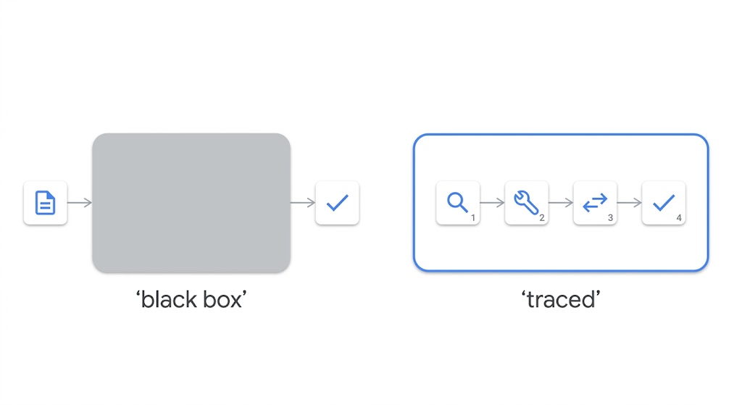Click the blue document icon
pyautogui.click(x=46, y=203)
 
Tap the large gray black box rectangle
pyautogui.click(x=191, y=203)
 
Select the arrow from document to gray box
pyautogui.click(x=80, y=203)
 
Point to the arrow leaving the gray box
pyautogui.click(x=303, y=203)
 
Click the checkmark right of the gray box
pyautogui.click(x=338, y=203)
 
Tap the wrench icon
pyautogui.click(x=526, y=202)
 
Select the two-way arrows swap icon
pyautogui.click(x=595, y=202)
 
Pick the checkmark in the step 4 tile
pyautogui.click(x=664, y=203)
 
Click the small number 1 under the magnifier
pyautogui.click(x=472, y=217)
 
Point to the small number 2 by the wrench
pyautogui.click(x=542, y=217)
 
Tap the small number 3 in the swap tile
pyautogui.click(x=610, y=217)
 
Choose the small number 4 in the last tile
pyautogui.click(x=679, y=217)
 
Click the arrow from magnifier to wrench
pyautogui.click(x=492, y=203)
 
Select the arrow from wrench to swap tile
pyautogui.click(x=561, y=203)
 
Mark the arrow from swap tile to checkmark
pyautogui.click(x=630, y=203)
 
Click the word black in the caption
pyautogui.click(x=170, y=299)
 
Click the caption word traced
pyautogui.click(x=561, y=299)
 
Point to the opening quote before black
pyautogui.click(x=138, y=293)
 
